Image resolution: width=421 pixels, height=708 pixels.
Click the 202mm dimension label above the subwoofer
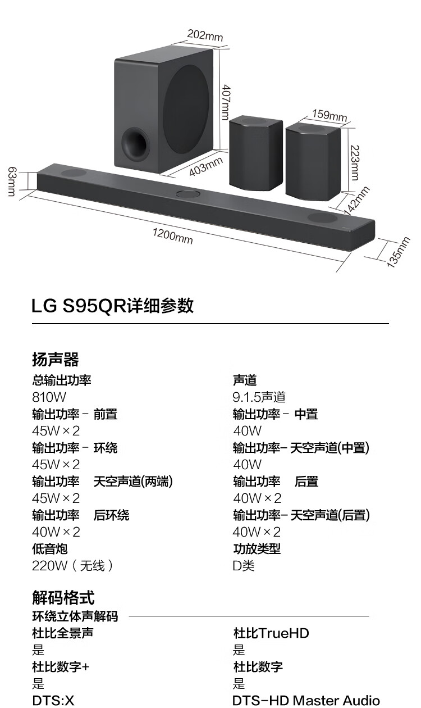click(205, 35)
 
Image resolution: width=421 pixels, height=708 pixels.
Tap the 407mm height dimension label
click(226, 102)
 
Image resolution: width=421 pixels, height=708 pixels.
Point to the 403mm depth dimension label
click(206, 166)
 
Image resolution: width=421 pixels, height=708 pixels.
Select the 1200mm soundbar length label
click(172, 237)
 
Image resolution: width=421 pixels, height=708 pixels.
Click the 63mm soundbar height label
click(11, 181)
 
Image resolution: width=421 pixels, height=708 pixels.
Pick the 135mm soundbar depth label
click(399, 252)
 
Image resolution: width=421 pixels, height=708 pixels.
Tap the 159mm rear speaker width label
click(330, 115)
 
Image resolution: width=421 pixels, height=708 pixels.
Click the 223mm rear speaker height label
click(355, 163)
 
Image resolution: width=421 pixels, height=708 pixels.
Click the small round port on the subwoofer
click(136, 144)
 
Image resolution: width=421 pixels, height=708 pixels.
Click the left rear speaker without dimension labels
click(256, 153)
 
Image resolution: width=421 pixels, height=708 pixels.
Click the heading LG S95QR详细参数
click(112, 306)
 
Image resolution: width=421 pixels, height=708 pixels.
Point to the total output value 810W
click(49, 397)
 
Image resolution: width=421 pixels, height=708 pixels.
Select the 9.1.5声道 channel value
click(259, 397)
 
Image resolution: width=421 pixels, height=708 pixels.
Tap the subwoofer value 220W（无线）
click(72, 566)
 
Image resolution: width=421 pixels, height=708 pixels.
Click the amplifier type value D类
click(244, 566)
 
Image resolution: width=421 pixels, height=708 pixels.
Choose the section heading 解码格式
click(63, 598)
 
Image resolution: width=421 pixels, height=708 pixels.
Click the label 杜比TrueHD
click(271, 633)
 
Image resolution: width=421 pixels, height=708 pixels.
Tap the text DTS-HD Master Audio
click(306, 701)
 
